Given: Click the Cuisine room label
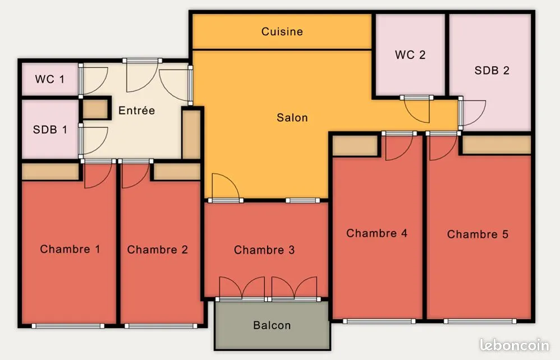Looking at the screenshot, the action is (282, 31).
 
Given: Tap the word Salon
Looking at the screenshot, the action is (292, 117).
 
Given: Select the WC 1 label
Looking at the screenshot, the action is (49, 79).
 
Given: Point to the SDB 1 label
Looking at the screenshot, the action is (50, 130).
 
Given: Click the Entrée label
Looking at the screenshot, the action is (136, 110).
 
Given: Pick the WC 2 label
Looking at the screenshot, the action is (410, 54).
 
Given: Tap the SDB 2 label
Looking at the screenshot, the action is (492, 70).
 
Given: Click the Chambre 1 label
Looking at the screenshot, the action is (70, 248).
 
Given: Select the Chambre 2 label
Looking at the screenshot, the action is (158, 250).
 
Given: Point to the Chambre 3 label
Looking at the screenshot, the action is (264, 250).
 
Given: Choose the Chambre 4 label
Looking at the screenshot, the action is (377, 233).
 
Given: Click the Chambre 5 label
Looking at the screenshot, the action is (478, 234).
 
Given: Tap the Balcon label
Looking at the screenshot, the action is (272, 325).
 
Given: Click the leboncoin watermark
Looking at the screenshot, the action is (515, 345).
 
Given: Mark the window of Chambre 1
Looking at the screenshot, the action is (68, 326).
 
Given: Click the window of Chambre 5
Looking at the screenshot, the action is (480, 321).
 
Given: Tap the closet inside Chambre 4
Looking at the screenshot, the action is (355, 146).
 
